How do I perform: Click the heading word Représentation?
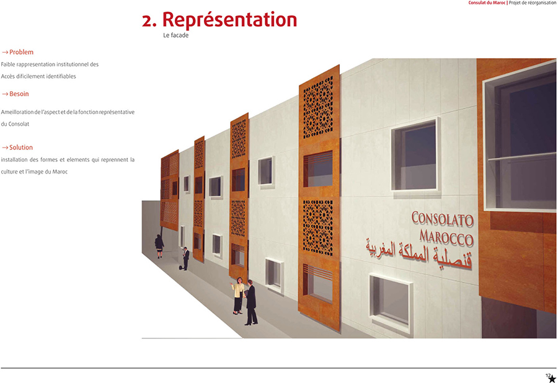pos(229,20)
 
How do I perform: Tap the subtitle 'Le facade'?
pos(176,35)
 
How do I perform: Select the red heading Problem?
pos(21,52)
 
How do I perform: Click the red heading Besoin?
pos(19,94)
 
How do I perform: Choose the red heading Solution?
pos(21,147)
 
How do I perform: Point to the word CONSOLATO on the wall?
pos(442,219)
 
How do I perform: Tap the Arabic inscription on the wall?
pos(419,255)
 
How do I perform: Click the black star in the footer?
pos(552,379)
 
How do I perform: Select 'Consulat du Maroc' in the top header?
pos(487,2)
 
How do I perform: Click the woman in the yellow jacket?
pos(237,296)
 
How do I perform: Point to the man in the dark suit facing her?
pos(251,302)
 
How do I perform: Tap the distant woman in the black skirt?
pos(159,246)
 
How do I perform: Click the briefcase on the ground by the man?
pos(181,268)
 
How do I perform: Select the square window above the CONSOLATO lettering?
pos(415,155)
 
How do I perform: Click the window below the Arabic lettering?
pos(391,303)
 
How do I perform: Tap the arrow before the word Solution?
pos(4,147)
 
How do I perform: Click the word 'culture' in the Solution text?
pos(9,172)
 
